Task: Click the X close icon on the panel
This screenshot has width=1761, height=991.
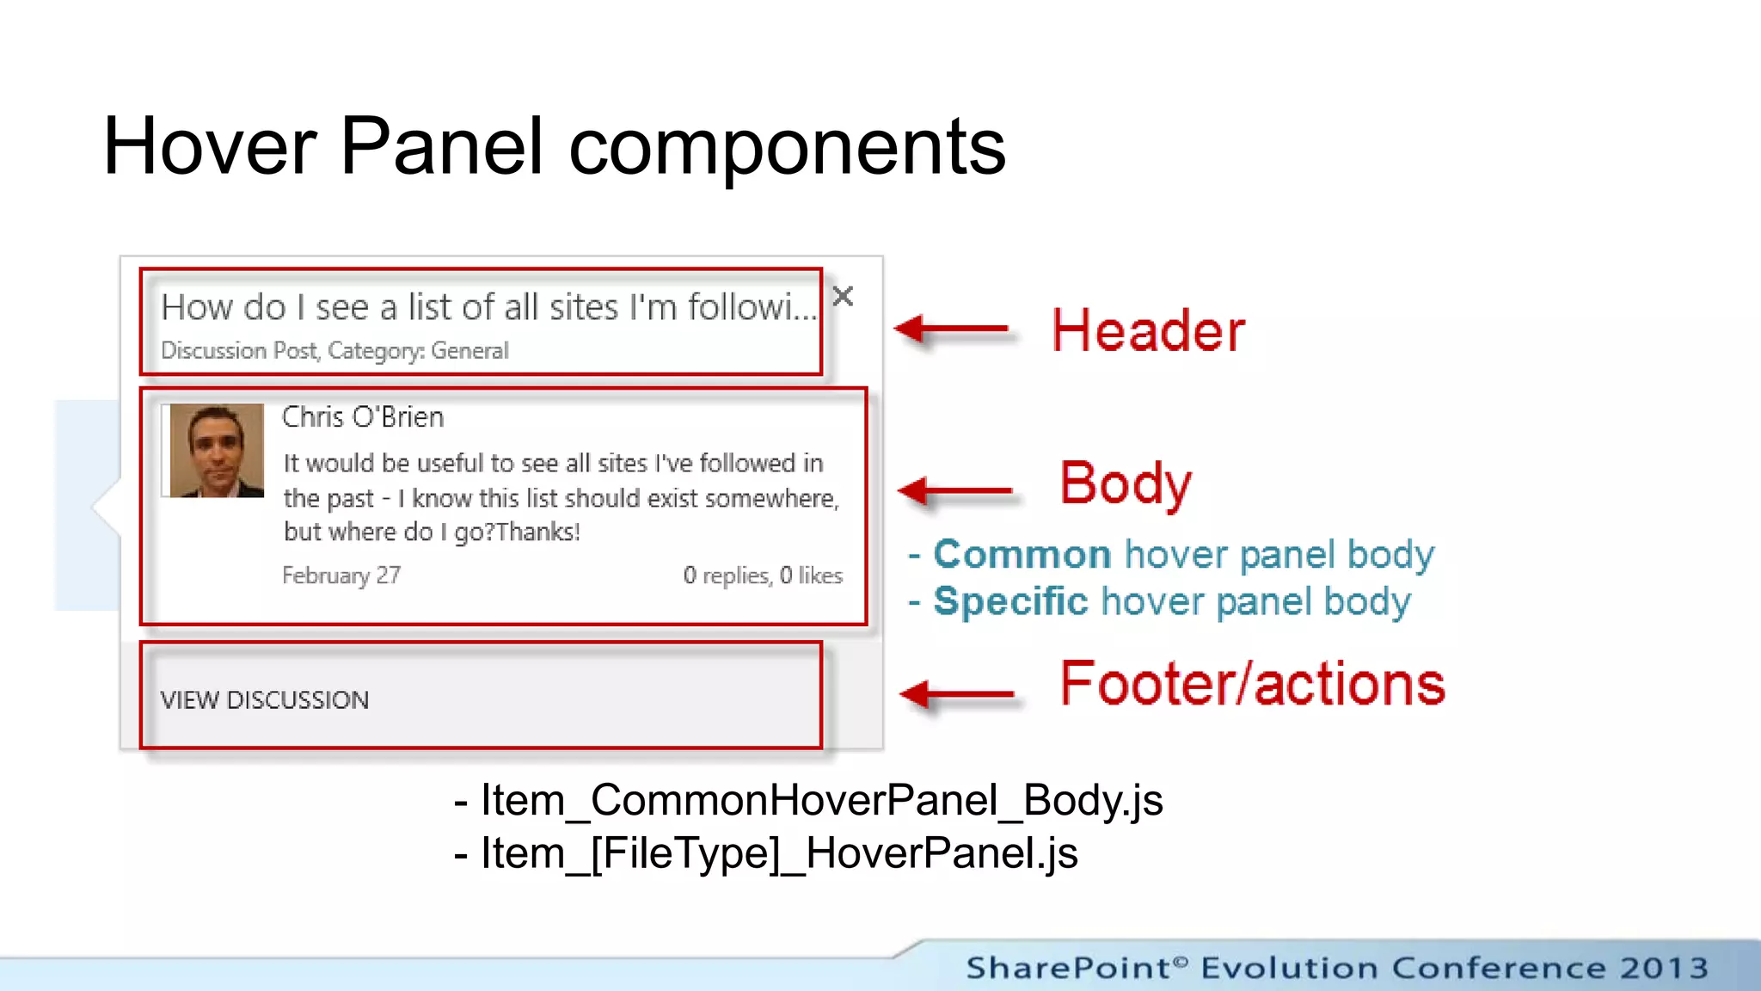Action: (843, 297)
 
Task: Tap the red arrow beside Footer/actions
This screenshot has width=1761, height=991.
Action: (956, 693)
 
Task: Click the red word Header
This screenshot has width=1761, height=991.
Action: (1148, 331)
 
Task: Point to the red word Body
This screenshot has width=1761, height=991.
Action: (1125, 483)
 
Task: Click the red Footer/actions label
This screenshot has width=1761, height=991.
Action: (1252, 685)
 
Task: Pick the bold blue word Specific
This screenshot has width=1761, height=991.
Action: (1010, 601)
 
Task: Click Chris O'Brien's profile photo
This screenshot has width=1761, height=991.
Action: (217, 451)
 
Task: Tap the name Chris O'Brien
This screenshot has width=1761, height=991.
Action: (363, 417)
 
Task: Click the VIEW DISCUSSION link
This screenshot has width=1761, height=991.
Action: (265, 700)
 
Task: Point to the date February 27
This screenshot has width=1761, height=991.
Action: (341, 576)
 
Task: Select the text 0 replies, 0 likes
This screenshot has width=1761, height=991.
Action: (763, 576)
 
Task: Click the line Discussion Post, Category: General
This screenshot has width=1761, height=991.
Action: (334, 351)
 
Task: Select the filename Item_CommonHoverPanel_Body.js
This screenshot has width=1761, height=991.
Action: (821, 801)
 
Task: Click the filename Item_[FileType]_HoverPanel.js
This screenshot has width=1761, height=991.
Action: (779, 854)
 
